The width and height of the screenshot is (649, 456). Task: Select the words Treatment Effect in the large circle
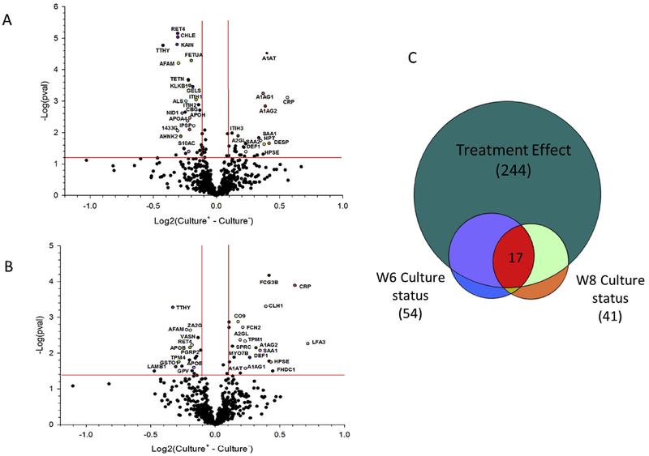[514, 151]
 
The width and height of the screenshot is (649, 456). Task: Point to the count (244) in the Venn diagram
[514, 170]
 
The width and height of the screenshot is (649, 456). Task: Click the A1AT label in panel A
[270, 59]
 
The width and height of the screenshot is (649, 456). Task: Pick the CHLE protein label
[188, 36]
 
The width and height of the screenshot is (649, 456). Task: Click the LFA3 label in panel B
[317, 343]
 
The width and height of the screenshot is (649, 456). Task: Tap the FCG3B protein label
[269, 283]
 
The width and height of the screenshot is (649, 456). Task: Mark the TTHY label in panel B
[184, 308]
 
